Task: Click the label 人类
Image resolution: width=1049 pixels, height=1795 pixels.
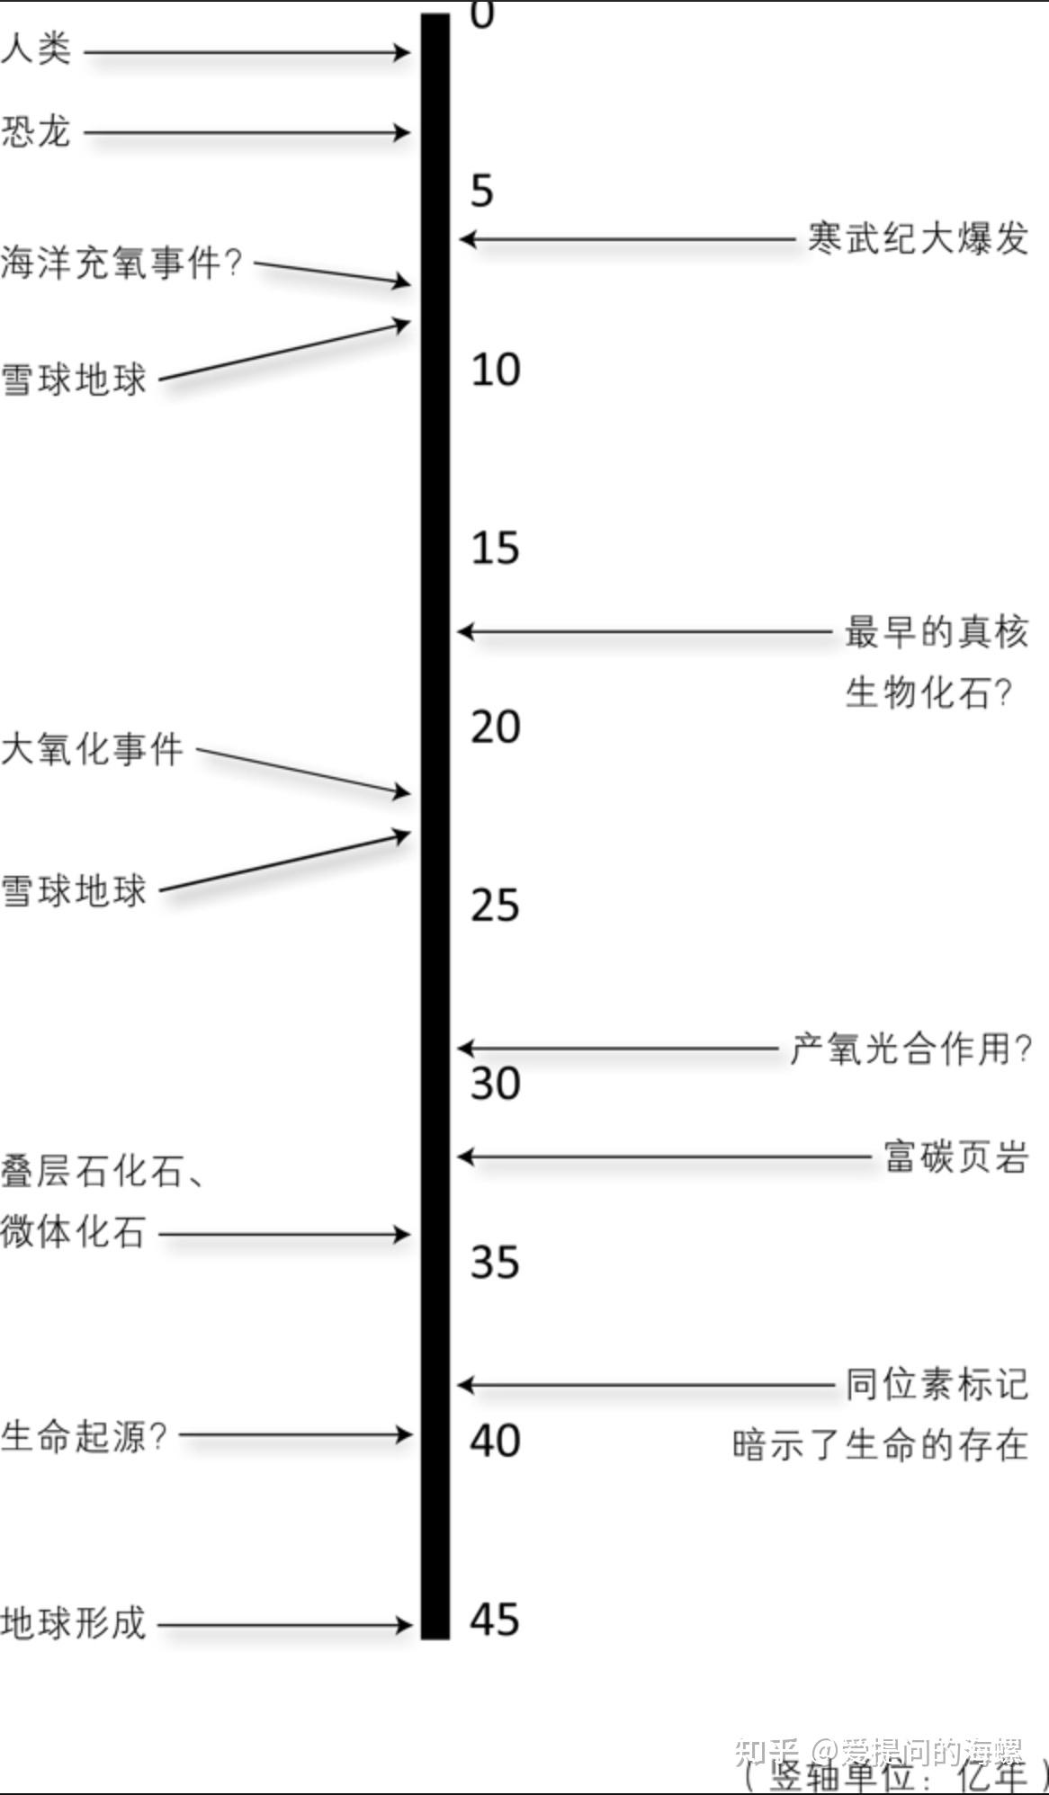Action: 36,49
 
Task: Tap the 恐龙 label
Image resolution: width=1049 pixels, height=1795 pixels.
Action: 36,131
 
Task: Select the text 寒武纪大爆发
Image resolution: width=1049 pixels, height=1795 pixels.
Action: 918,239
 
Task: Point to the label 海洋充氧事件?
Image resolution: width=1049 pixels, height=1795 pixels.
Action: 121,263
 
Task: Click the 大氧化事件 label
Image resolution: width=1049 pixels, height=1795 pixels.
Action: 92,748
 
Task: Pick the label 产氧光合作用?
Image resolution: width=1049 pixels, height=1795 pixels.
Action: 910,1049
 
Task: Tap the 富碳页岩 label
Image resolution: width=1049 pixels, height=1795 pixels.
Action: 955,1156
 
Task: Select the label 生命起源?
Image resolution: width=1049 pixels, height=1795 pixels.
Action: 84,1435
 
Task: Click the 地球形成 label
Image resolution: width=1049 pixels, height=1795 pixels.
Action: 73,1623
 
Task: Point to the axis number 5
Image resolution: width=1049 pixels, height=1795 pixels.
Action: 482,191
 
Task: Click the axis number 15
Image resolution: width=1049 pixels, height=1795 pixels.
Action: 495,548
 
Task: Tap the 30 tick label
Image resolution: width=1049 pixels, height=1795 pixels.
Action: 495,1083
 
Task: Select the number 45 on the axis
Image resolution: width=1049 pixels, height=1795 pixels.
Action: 495,1620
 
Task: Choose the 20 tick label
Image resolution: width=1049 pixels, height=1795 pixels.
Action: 495,727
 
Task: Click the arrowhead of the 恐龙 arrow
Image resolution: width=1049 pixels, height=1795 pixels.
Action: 401,133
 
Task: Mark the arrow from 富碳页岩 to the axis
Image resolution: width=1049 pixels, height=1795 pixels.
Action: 666,1156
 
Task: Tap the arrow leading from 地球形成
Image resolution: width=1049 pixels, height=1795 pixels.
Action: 283,1625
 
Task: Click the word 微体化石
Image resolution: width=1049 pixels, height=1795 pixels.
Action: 73,1232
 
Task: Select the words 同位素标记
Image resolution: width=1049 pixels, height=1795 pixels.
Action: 936,1385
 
